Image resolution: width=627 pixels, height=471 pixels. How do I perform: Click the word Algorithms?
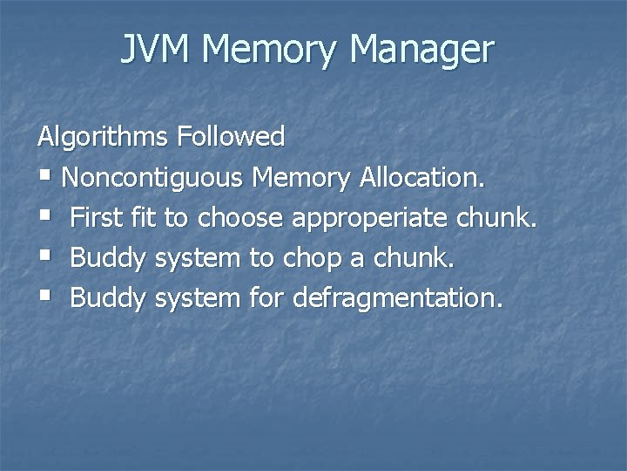103,136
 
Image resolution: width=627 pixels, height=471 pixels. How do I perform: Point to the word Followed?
231,136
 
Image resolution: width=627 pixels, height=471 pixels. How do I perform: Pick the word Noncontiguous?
153,177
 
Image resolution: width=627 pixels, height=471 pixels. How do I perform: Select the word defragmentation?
398,299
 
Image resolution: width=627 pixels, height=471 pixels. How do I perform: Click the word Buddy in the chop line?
108,258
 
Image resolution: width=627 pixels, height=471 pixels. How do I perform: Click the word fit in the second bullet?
139,217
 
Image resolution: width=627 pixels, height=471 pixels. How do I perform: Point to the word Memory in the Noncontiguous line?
300,177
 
